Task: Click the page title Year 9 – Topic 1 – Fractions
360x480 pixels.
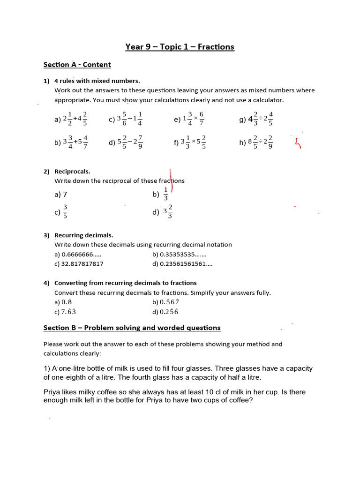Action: [x=180, y=47]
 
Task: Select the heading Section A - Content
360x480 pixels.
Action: [x=77, y=65]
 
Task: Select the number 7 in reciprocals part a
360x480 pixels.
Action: [x=71, y=194]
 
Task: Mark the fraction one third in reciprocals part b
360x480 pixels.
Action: [x=165, y=194]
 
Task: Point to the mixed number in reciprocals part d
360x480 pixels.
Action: [x=168, y=212]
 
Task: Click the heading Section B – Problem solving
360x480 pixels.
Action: [x=132, y=328]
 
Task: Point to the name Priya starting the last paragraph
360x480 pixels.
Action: [x=52, y=392]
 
